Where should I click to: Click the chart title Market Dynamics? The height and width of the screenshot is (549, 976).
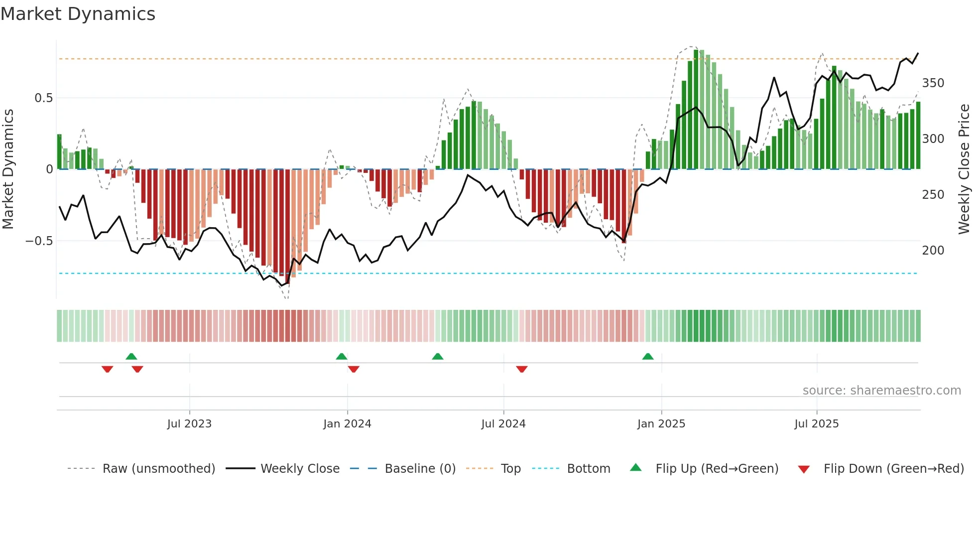coord(78,14)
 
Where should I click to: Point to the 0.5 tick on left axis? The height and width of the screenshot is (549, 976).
coord(43,98)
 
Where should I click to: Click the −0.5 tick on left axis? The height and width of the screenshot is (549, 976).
coord(39,241)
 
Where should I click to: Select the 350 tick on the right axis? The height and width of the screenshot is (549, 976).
coord(933,83)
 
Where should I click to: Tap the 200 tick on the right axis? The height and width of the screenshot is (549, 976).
coord(933,251)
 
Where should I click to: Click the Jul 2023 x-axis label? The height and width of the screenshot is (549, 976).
coord(189,424)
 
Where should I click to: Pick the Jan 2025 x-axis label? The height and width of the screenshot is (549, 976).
coord(661,424)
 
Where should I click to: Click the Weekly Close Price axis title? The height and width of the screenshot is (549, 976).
coord(964,169)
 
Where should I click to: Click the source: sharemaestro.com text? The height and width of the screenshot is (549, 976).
coord(881,391)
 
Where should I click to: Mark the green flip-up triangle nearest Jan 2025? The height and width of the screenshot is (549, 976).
coord(647,357)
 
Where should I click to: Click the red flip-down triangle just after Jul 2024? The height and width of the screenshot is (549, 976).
coord(521,369)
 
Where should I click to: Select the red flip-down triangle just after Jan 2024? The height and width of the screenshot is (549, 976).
coord(354,369)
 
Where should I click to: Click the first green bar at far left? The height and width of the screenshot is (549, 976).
coord(59,152)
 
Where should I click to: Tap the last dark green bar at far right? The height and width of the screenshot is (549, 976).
coord(918,136)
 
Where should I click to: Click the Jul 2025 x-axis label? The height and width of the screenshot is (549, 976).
coord(816,424)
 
